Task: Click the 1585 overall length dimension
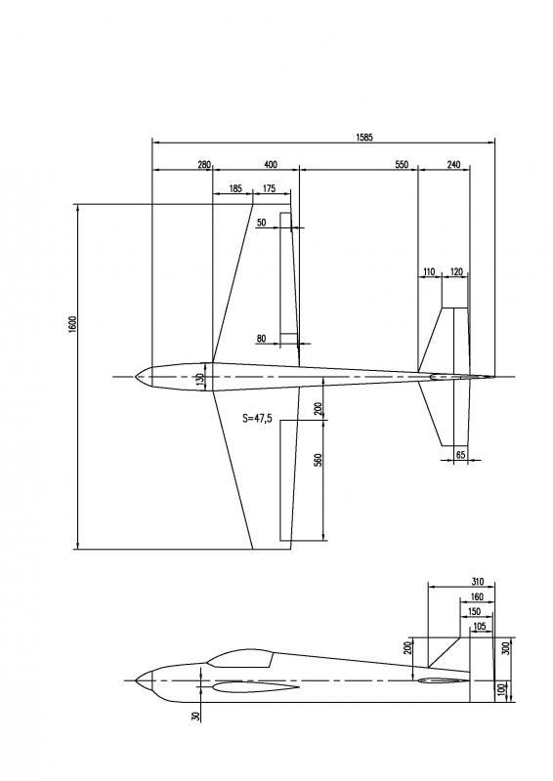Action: [x=364, y=137]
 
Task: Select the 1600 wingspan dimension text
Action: [x=73, y=324]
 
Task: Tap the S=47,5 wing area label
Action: [x=257, y=418]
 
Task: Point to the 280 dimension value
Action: [x=204, y=164]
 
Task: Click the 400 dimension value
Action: [x=271, y=164]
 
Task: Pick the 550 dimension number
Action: [x=402, y=164]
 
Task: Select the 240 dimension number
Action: [x=453, y=164]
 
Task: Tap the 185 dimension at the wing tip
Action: [x=235, y=188]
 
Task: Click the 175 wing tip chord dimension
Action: [x=269, y=188]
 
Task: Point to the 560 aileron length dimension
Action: [x=319, y=459]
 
